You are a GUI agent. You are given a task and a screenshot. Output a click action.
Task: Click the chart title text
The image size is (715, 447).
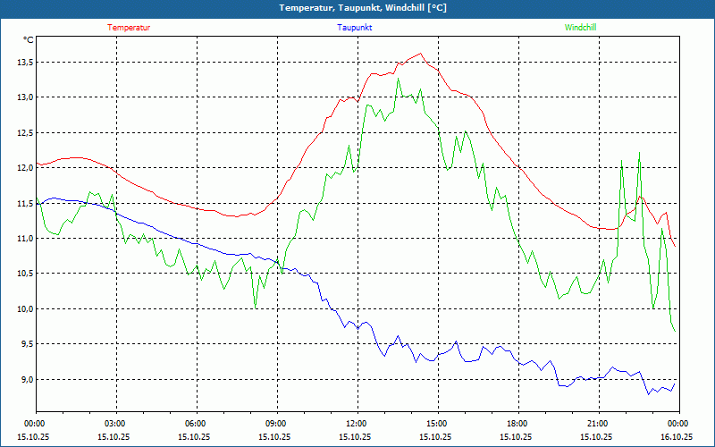pos(357,8)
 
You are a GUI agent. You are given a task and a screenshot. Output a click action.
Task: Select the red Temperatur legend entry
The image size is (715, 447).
pos(129,27)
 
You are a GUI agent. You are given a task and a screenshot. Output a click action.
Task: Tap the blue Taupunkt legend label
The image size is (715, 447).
pos(355,27)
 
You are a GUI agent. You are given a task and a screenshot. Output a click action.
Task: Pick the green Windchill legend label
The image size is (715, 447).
pos(580,27)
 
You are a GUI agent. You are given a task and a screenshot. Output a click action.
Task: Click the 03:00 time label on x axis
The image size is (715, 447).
pos(115,423)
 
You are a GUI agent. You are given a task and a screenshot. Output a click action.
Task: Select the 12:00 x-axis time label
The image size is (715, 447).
pos(357,423)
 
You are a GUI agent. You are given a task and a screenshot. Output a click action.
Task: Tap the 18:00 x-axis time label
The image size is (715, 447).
pos(517,423)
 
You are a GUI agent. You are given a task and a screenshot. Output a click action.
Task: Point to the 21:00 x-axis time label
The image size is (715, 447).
pos(598,423)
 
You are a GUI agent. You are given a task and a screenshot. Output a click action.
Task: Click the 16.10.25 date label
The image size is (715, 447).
pos(677,436)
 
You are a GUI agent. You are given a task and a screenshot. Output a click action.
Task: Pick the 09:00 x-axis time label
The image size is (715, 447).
pos(276,423)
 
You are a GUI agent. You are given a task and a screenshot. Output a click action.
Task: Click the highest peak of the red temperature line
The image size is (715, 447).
pos(420,54)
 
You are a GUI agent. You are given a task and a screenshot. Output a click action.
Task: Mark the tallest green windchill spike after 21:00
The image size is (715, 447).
pos(640,154)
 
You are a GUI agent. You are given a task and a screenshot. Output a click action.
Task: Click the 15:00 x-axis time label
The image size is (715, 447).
pos(437,423)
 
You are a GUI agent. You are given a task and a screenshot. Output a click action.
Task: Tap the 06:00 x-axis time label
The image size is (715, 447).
pos(196,423)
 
